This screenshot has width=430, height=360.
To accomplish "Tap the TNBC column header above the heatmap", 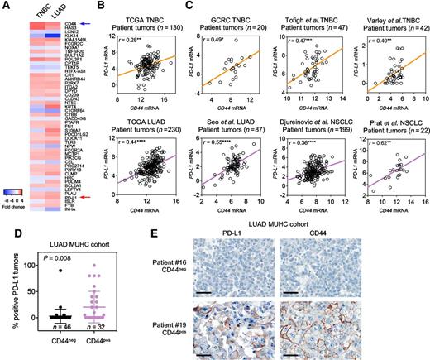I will pos(25,8).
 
